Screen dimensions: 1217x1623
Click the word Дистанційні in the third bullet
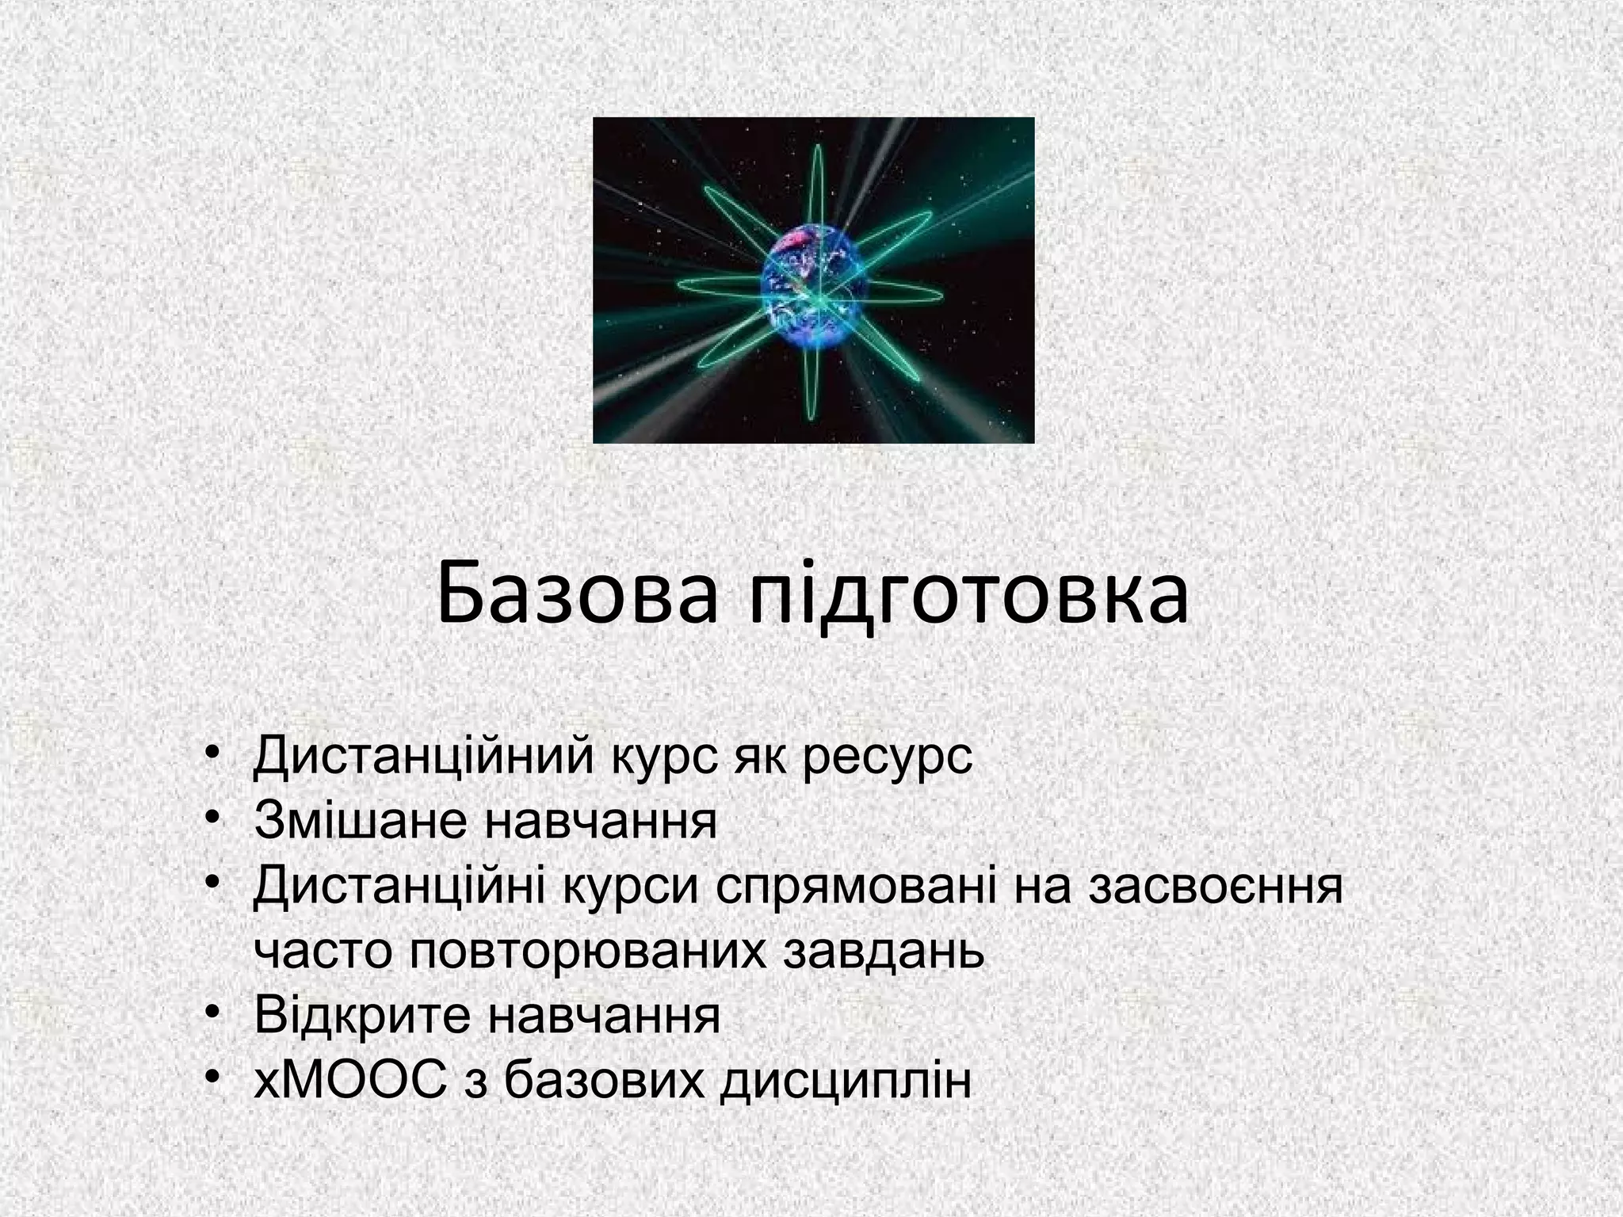click(398, 887)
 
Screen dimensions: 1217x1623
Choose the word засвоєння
click(1216, 887)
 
